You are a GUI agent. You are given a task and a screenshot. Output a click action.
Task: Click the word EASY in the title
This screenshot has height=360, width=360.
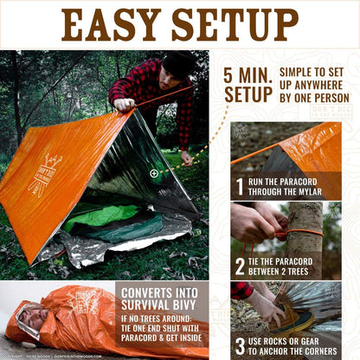pyautogui.click(x=116, y=25)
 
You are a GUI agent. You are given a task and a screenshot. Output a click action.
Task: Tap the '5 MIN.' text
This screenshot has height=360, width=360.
pyautogui.click(x=247, y=75)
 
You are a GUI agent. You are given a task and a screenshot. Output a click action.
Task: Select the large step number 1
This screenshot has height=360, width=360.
pyautogui.click(x=241, y=186)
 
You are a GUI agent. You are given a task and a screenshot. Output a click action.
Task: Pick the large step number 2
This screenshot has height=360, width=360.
pyautogui.click(x=241, y=267)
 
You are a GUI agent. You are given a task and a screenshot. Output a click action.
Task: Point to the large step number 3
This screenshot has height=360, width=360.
pyautogui.click(x=241, y=346)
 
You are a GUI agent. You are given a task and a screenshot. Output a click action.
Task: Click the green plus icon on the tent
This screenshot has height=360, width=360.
pyautogui.click(x=154, y=173)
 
